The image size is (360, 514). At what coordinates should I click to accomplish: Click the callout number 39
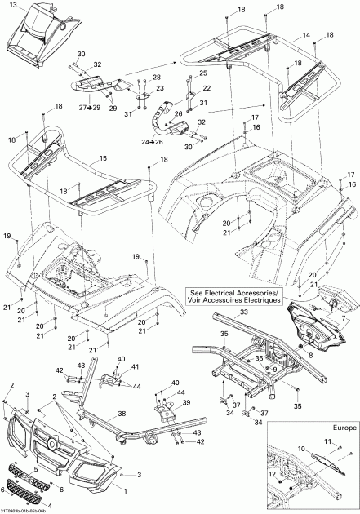tap(185, 403)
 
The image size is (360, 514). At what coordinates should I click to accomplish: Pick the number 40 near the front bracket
tap(122, 359)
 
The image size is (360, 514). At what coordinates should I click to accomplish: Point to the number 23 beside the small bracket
tap(159, 88)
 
